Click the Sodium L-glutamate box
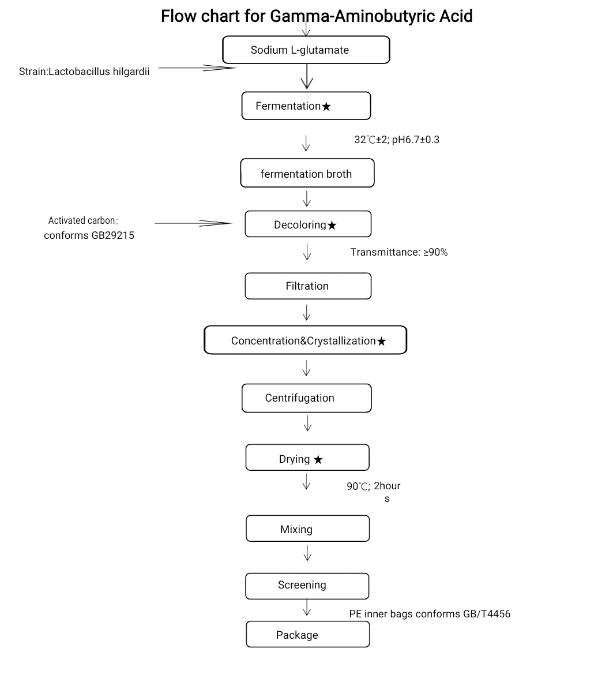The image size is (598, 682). [306, 50]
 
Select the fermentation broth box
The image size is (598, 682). [307, 173]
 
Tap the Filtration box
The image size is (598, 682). [308, 286]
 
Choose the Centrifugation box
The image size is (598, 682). [306, 398]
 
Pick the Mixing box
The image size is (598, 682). [308, 529]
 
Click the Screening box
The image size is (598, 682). [307, 586]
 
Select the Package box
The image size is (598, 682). [308, 634]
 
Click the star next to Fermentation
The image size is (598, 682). [326, 107]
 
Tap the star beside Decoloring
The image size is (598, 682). [332, 225]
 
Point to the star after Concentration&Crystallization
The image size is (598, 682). [382, 342]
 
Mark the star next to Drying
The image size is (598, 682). [318, 460]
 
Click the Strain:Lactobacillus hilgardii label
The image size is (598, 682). [84, 72]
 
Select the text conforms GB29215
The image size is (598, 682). [89, 235]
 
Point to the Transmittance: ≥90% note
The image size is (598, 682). [399, 252]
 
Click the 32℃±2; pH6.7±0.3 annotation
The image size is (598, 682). [397, 140]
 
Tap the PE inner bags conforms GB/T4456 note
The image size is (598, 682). [430, 614]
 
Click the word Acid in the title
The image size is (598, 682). [456, 16]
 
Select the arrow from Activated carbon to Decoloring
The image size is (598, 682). [193, 223]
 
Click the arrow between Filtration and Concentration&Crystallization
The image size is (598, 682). [307, 312]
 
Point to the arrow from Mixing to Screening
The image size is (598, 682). [308, 553]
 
